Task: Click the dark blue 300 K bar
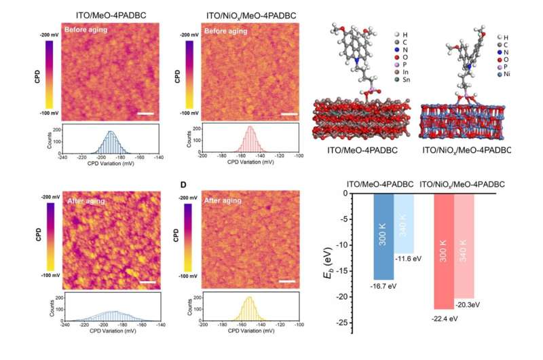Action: coord(383,236)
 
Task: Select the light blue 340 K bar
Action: coord(404,223)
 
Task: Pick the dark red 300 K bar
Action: coord(443,251)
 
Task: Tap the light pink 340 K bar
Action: coord(464,245)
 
